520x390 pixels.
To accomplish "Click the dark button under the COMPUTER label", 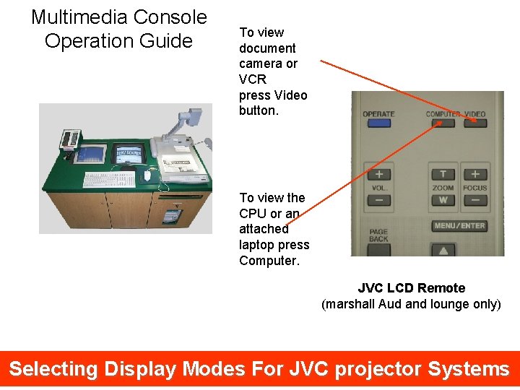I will pyautogui.click(x=443, y=123).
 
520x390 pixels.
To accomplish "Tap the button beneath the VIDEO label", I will pyautogui.click(x=475, y=123).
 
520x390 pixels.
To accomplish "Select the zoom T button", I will pyautogui.click(x=443, y=174).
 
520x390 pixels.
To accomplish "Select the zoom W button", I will pyautogui.click(x=443, y=200).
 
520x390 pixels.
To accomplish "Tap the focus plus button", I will pyautogui.click(x=474, y=174).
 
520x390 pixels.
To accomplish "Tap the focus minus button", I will pyautogui.click(x=474, y=200).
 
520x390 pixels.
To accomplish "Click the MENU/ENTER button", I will pyautogui.click(x=459, y=226).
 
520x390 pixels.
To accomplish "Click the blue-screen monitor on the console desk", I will pyautogui.click(x=92, y=154).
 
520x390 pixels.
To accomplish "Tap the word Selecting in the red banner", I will pyautogui.click(x=53, y=369).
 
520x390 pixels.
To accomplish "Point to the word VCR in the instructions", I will pyautogui.click(x=252, y=79).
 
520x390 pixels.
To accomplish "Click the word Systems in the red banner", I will pyautogui.click(x=469, y=369).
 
